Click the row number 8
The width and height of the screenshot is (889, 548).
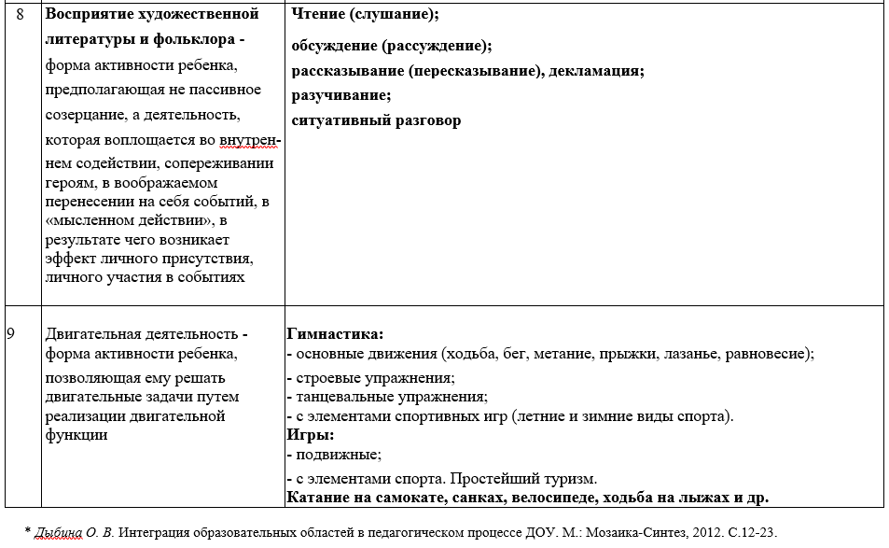[x=21, y=14]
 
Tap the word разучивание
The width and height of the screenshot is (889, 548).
[x=340, y=95]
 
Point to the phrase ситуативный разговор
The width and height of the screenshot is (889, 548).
[x=376, y=120]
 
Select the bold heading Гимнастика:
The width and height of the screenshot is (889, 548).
[x=336, y=333]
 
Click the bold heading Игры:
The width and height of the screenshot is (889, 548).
[x=311, y=435]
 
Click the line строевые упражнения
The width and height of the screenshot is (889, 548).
[x=374, y=378]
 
